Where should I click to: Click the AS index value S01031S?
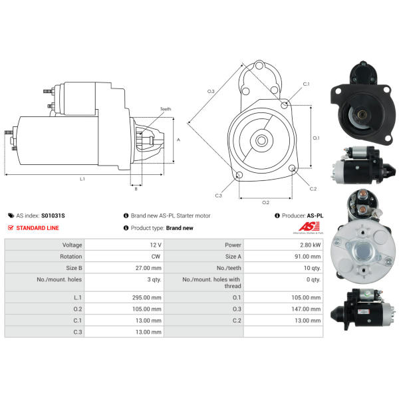pyautogui.click(x=53, y=215)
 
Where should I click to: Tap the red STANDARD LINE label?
pyautogui.click(x=37, y=228)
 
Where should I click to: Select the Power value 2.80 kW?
pyautogui.click(x=310, y=245)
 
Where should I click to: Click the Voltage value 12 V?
pyautogui.click(x=156, y=245)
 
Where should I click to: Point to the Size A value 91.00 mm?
pyautogui.click(x=308, y=257)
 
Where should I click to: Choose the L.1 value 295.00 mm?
pyautogui.click(x=147, y=297)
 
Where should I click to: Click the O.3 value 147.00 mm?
pyautogui.click(x=306, y=309)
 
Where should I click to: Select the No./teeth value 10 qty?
pyautogui.click(x=313, y=268)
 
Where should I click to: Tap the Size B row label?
pyautogui.click(x=74, y=268)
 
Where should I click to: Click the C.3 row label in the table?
pyautogui.click(x=78, y=332)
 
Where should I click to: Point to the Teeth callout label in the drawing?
pyautogui.click(x=166, y=109)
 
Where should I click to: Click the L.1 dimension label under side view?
pyautogui.click(x=82, y=179)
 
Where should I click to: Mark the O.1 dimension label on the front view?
pyautogui.click(x=316, y=138)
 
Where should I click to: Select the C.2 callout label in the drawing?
pyautogui.click(x=313, y=189)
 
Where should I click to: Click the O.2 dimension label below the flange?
pyautogui.click(x=265, y=203)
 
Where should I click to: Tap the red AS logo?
pyautogui.click(x=309, y=226)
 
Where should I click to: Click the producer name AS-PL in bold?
pyautogui.click(x=315, y=215)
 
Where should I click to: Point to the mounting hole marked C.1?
pyautogui.click(x=284, y=105)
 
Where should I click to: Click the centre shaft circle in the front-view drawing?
pyautogui.click(x=261, y=140)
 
